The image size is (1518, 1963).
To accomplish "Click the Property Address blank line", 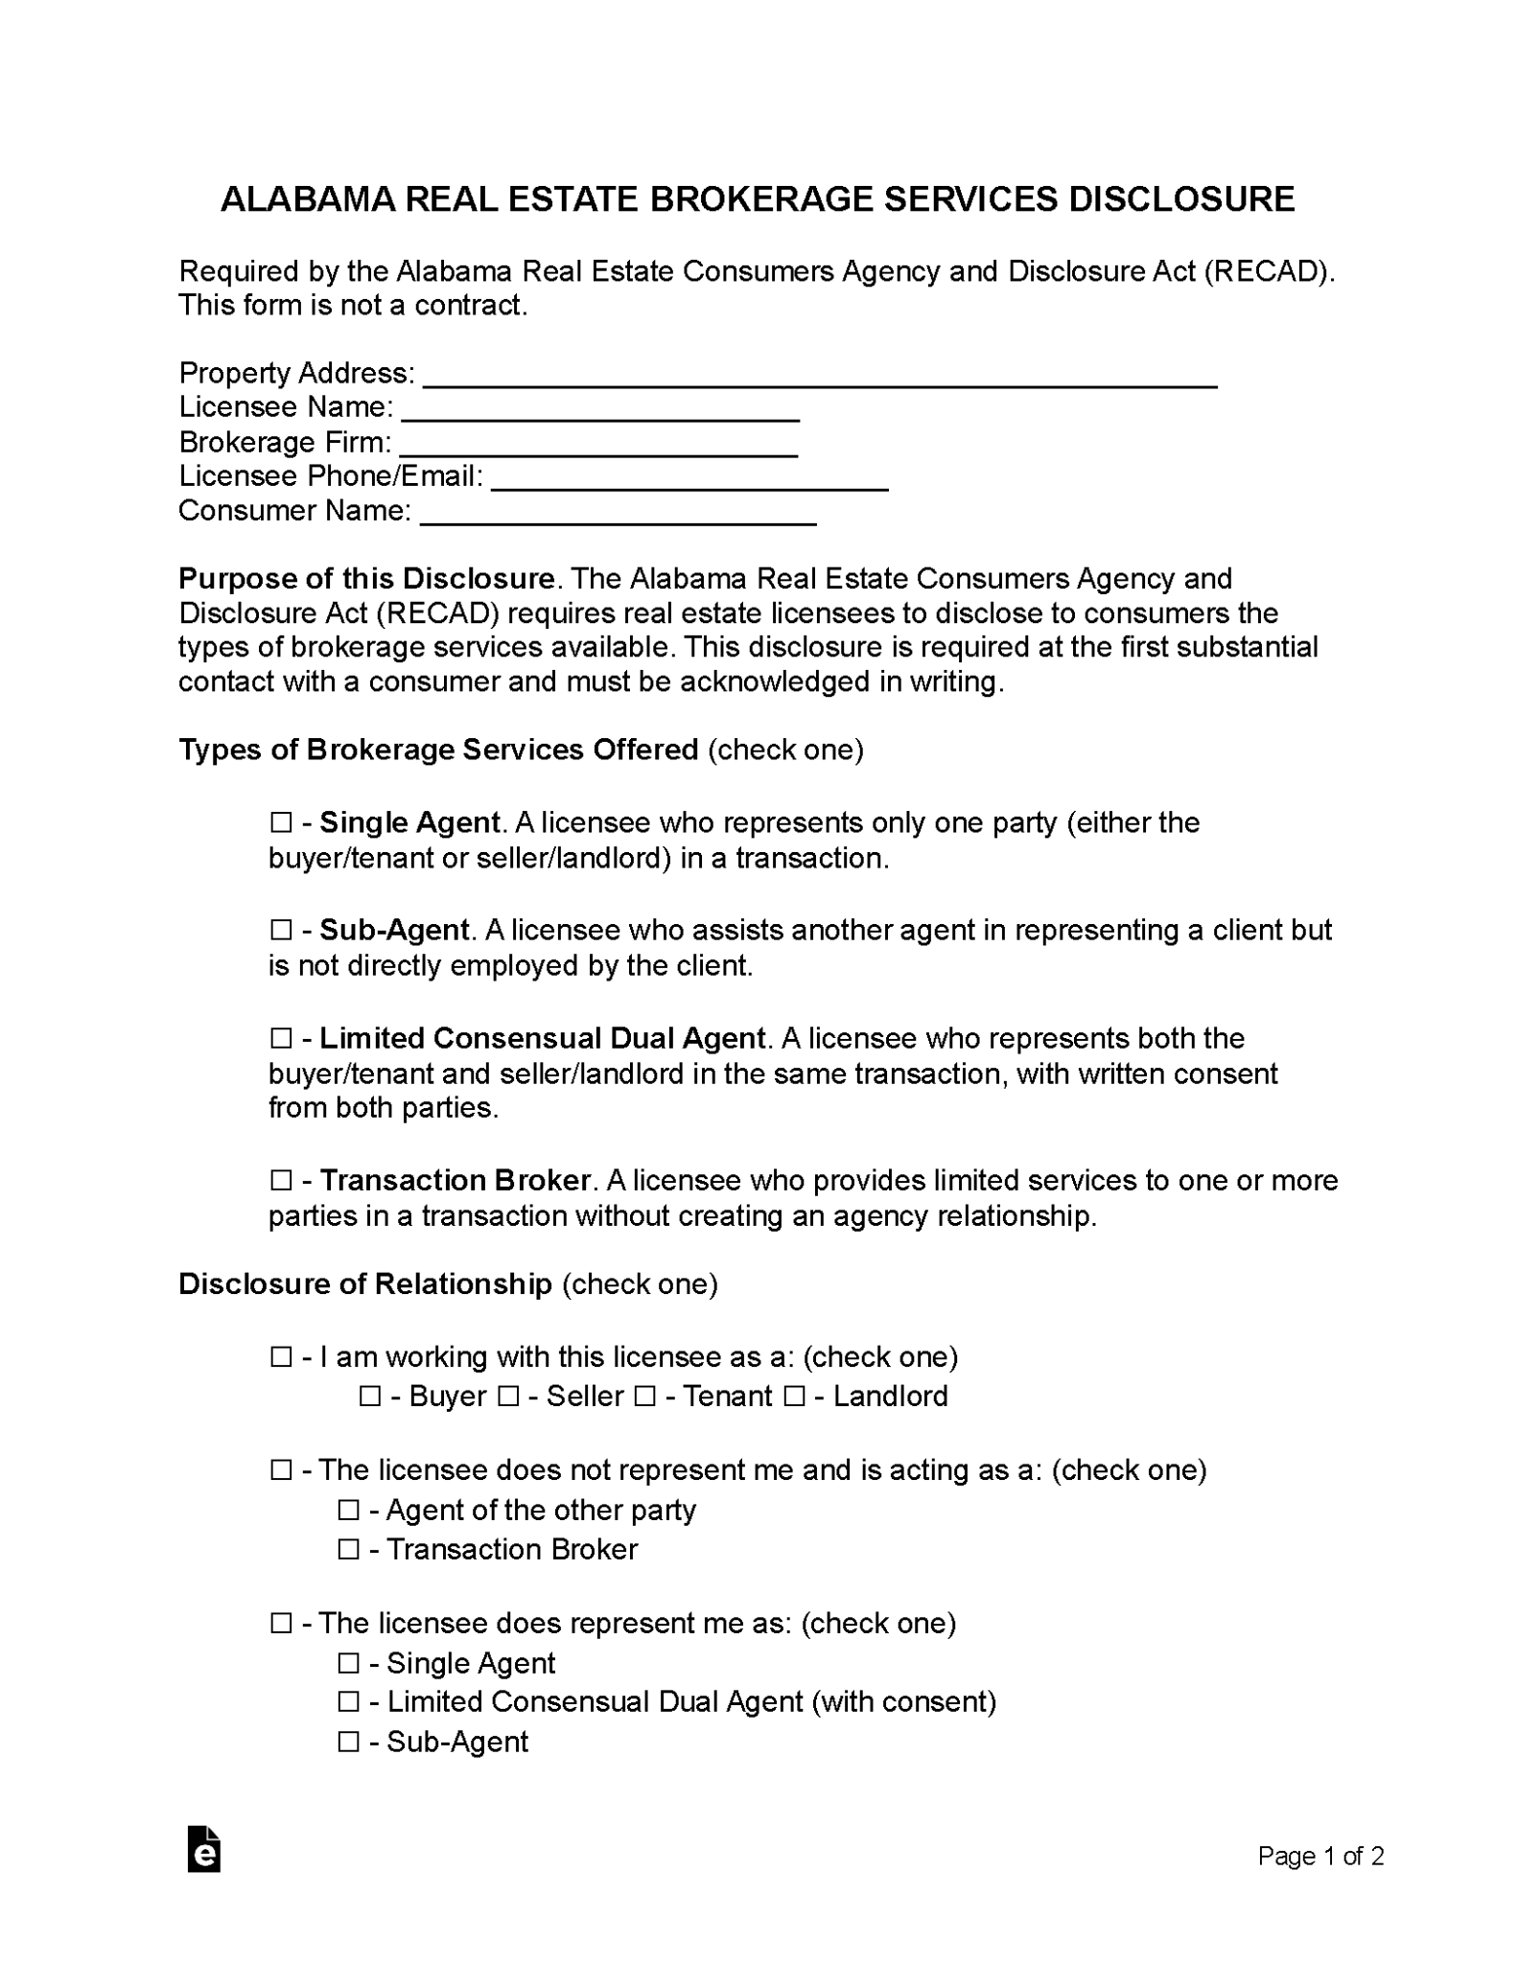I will [820, 376].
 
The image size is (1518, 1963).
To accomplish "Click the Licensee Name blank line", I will [600, 410].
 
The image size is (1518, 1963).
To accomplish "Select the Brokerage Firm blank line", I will [598, 446].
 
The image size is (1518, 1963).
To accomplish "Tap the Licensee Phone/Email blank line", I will [689, 479].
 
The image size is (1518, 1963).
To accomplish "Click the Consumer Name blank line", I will [619, 514].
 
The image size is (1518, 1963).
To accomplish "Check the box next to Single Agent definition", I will [281, 823].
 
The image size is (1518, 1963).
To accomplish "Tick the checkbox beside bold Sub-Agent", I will [281, 931].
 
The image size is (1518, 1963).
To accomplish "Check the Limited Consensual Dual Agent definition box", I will [281, 1039].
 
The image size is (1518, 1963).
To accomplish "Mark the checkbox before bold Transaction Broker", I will [281, 1181].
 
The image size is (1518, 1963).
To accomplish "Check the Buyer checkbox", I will [370, 1397].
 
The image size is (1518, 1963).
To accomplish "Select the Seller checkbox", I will [508, 1397].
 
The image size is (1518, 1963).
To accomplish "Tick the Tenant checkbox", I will [645, 1397].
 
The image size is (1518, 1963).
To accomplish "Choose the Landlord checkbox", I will [794, 1397].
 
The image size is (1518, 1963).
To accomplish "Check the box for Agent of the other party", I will [348, 1511].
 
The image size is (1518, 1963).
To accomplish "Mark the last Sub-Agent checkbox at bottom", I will [348, 1743].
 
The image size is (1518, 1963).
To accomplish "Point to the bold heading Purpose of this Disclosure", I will [366, 579].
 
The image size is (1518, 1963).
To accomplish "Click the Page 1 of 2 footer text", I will [1319, 1857].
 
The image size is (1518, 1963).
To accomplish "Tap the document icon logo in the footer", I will [203, 1849].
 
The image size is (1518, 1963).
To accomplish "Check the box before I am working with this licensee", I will [281, 1357].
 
